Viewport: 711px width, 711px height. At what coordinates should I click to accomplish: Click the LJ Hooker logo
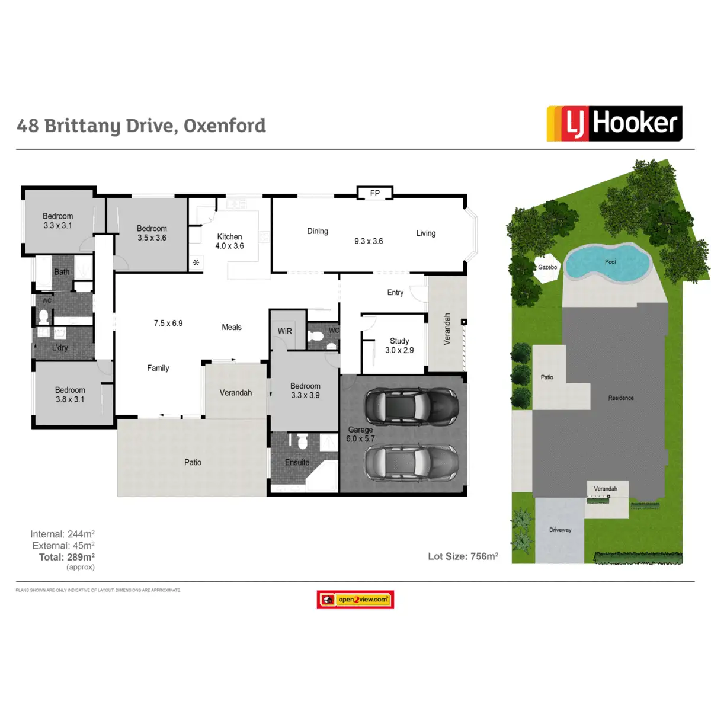[x=614, y=123]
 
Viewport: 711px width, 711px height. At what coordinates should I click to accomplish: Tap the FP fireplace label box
[x=374, y=193]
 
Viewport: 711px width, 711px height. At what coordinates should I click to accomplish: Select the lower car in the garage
[x=411, y=462]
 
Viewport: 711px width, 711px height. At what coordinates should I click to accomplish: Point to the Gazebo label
[x=547, y=267]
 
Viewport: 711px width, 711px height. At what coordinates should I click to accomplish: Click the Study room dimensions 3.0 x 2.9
[x=399, y=350]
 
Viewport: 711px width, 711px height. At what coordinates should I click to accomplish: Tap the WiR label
[x=285, y=331]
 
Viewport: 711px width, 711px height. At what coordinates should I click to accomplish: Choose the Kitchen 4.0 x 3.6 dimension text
[x=229, y=246]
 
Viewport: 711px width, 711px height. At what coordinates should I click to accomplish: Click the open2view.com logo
[x=355, y=600]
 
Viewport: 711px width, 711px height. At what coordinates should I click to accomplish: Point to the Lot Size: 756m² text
[x=463, y=556]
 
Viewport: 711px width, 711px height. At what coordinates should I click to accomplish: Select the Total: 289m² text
[x=67, y=557]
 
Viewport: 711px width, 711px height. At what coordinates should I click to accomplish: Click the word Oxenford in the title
[x=225, y=126]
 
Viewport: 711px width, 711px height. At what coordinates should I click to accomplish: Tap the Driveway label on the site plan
[x=560, y=530]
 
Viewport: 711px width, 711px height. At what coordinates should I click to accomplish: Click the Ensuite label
[x=297, y=463]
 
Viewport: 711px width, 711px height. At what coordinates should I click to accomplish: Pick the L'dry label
[x=60, y=348]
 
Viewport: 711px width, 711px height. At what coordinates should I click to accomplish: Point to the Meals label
[x=232, y=327]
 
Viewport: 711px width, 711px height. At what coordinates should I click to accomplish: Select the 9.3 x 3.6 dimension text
[x=369, y=241]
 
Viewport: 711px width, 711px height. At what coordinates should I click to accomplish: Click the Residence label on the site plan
[x=621, y=398]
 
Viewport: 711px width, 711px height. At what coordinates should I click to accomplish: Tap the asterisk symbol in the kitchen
[x=196, y=262]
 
